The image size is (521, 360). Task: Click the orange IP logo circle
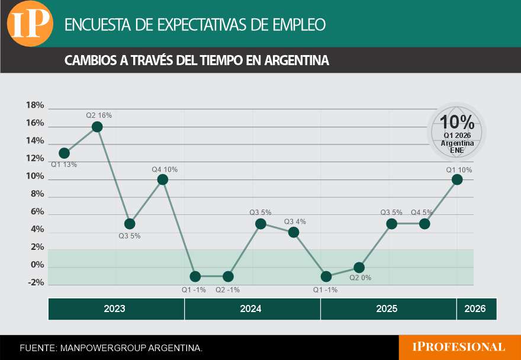tap(30, 24)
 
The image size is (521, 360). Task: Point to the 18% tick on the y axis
tap(35, 105)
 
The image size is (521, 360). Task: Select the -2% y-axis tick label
tap(35, 282)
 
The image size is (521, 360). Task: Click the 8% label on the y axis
tap(37, 194)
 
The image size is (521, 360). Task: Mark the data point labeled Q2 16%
tap(97, 127)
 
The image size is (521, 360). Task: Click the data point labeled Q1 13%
tap(65, 153)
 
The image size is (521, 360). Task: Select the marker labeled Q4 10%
tap(163, 179)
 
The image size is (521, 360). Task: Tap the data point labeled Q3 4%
tap(293, 232)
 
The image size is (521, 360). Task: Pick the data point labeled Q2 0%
tap(359, 268)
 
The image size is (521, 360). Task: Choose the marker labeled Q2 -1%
tap(228, 277)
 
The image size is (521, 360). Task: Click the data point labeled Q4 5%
tap(424, 224)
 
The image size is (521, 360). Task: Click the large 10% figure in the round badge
tap(457, 123)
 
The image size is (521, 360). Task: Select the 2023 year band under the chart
tap(114, 309)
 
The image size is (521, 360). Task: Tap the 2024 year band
tap(251, 309)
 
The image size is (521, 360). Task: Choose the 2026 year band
tap(475, 309)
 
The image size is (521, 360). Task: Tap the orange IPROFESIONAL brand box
tap(459, 347)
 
